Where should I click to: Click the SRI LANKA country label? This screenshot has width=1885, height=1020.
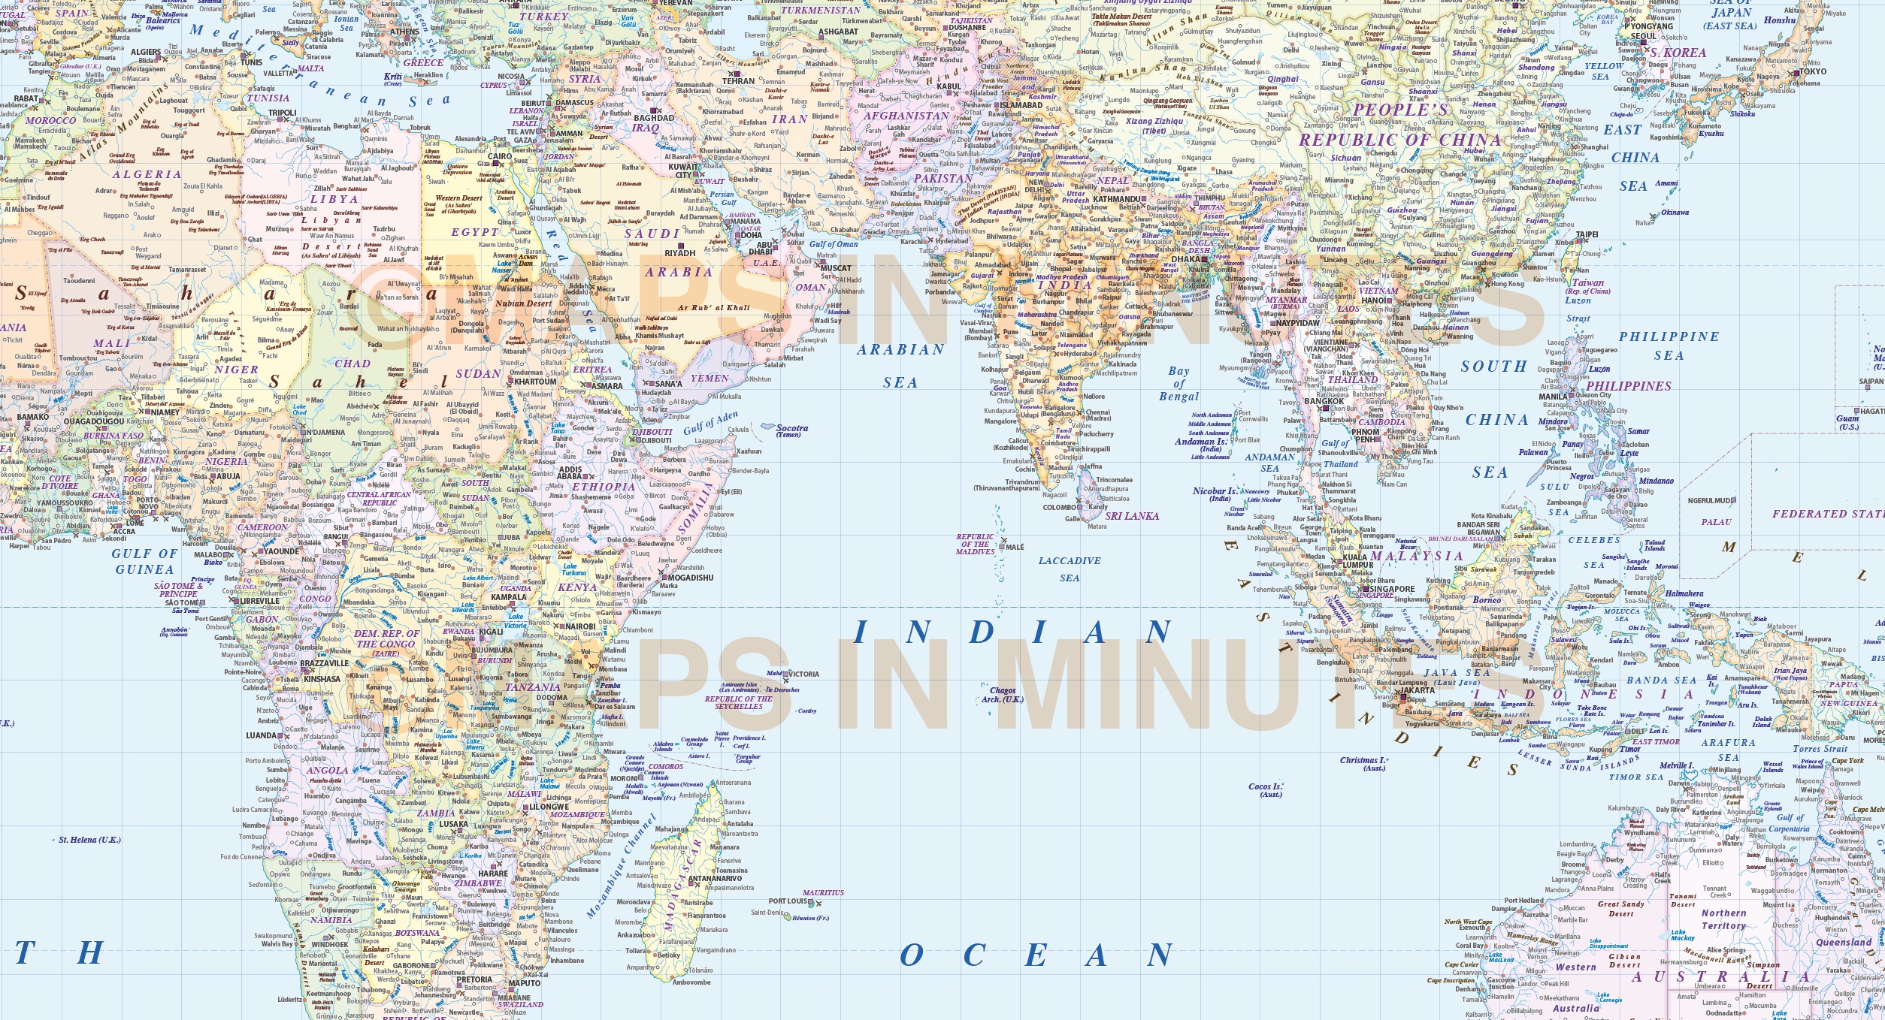1132,516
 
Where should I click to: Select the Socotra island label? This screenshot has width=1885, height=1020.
792,429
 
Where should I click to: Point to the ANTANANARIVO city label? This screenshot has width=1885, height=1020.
715,878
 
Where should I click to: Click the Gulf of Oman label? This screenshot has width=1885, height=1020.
834,244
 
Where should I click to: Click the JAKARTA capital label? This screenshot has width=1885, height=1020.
1418,690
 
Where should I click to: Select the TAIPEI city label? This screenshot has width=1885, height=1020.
1587,234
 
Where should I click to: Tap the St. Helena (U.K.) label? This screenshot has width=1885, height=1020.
89,840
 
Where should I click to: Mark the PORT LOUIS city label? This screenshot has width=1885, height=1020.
787,901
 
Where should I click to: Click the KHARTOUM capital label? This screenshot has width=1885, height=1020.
535,382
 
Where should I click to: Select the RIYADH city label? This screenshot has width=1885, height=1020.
679,253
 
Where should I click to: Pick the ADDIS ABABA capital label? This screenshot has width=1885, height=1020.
570,473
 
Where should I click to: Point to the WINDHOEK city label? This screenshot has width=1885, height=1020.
330,945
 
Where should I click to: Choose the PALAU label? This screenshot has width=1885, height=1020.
1716,522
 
